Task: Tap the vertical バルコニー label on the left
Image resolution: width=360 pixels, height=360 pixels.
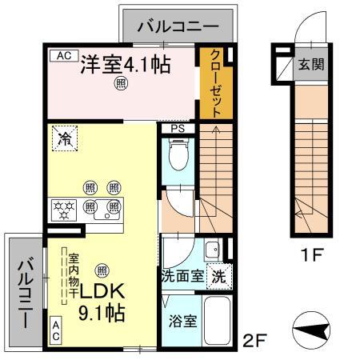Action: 25,293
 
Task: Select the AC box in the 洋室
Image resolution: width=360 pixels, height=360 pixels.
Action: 64,56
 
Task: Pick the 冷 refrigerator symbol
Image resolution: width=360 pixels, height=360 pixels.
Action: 64,138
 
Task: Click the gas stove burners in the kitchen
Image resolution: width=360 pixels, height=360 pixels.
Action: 64,210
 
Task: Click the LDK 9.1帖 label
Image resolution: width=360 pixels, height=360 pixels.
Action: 100,302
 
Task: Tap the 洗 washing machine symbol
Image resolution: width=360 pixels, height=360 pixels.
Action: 218,277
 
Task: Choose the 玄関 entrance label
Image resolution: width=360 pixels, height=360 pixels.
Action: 312,65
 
